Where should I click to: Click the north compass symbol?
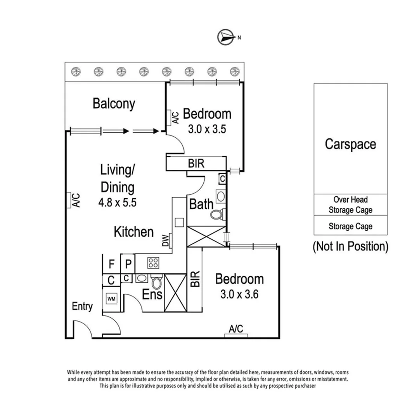click(226, 37)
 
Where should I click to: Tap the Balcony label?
click(114, 104)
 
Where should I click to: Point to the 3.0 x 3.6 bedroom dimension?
click(239, 294)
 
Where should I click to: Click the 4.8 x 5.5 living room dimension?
click(118, 203)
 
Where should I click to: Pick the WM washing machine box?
click(111, 299)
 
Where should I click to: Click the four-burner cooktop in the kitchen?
click(153, 263)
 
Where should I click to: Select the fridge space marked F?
click(111, 265)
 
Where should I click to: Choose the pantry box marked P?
click(128, 265)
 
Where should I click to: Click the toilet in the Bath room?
click(216, 214)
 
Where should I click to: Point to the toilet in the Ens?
click(157, 282)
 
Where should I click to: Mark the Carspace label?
click(350, 144)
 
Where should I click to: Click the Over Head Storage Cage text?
click(350, 205)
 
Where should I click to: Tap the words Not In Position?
click(350, 246)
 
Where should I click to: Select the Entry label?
click(82, 306)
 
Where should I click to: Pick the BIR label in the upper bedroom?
click(196, 164)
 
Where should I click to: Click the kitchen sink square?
click(179, 222)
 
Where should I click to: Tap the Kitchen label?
click(133, 232)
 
